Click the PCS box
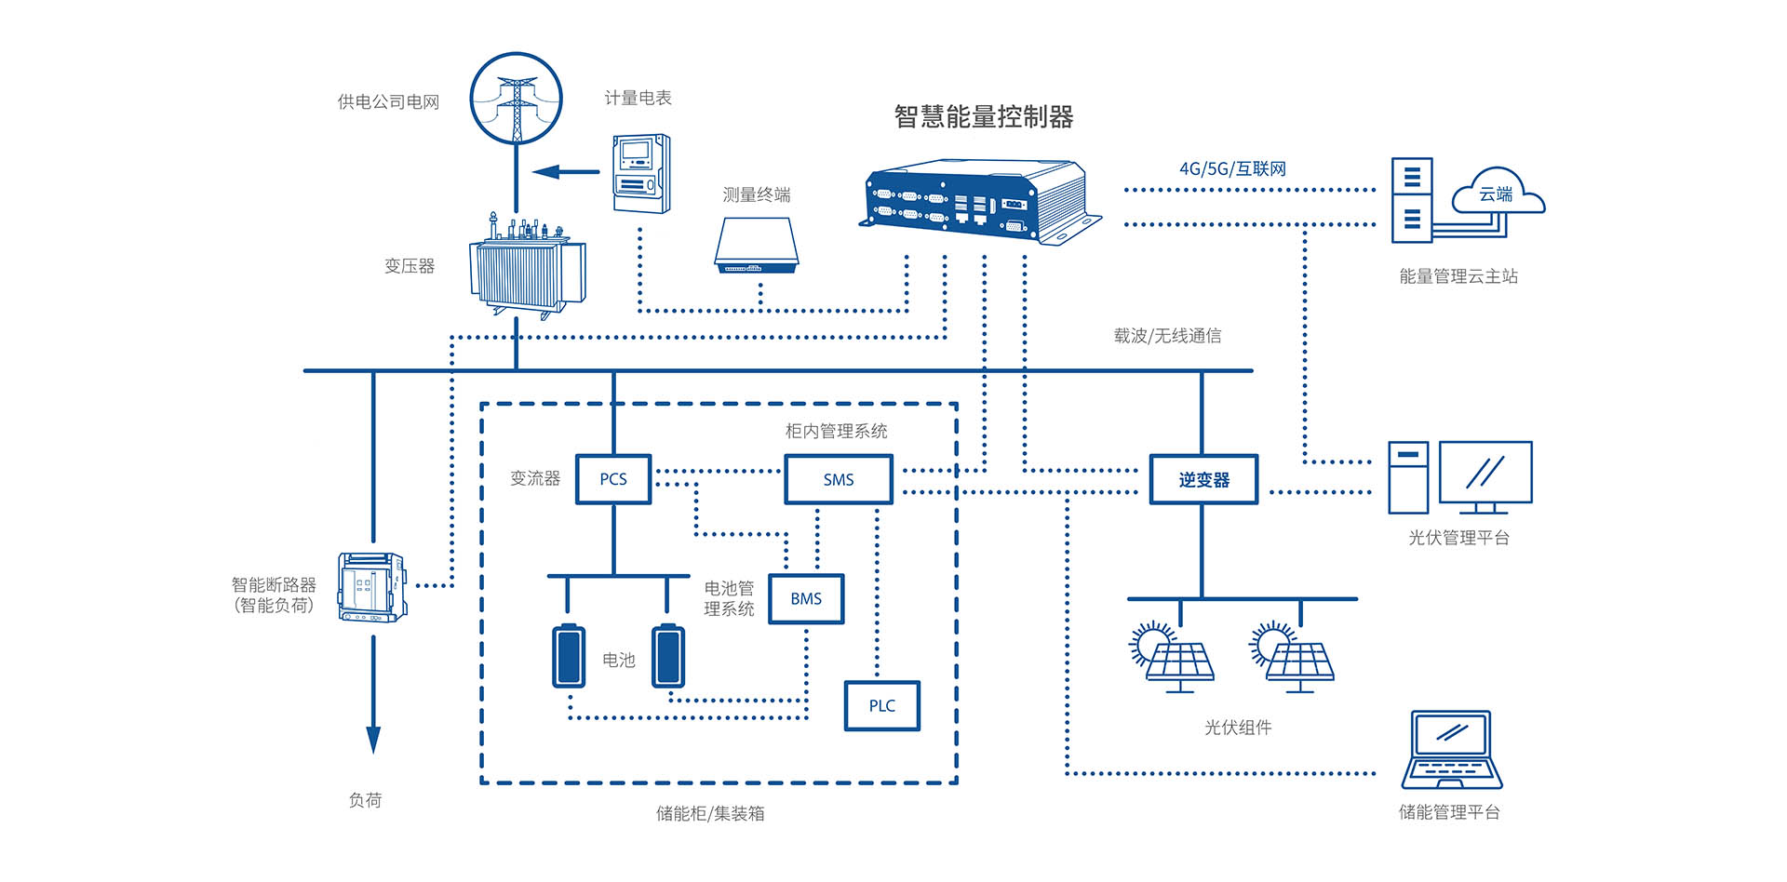pyautogui.click(x=612, y=479)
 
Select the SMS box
pyautogui.click(x=838, y=479)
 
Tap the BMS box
pyautogui.click(x=806, y=598)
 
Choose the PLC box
pyautogui.click(x=881, y=705)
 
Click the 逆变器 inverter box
pyautogui.click(x=1203, y=479)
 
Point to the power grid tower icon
pyautogui.click(x=517, y=98)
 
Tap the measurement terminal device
pyautogui.click(x=757, y=247)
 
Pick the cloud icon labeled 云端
pyautogui.click(x=1497, y=193)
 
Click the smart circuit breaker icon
pyautogui.click(x=371, y=587)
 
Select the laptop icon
pyautogui.click(x=1452, y=750)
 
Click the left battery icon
pyautogui.click(x=569, y=656)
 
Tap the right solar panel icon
pyautogui.click(x=1293, y=657)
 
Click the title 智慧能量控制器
pyautogui.click(x=984, y=117)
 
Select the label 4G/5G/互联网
pyautogui.click(x=1232, y=168)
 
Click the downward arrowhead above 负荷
pyautogui.click(x=373, y=740)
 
